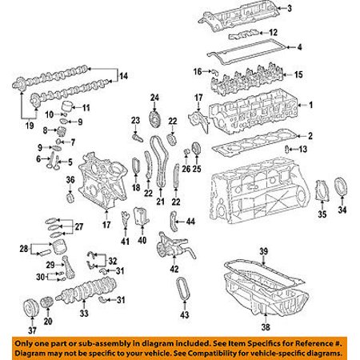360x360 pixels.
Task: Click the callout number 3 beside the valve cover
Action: click(290, 9)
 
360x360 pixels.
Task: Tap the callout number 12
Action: click(273, 33)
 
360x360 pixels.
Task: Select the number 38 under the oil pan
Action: click(266, 327)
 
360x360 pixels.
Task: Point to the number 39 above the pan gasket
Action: click(263, 251)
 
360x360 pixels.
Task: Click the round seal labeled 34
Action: click(341, 186)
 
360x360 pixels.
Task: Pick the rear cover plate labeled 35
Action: click(322, 190)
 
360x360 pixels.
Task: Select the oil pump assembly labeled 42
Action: click(174, 245)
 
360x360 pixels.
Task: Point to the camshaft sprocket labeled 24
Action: click(153, 121)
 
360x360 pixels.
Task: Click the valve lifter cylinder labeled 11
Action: click(66, 106)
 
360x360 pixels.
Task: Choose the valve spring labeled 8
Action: click(62, 131)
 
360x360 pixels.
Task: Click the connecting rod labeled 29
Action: click(68, 267)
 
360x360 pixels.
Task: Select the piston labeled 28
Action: click(59, 246)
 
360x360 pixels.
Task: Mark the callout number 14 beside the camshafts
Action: click(123, 76)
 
